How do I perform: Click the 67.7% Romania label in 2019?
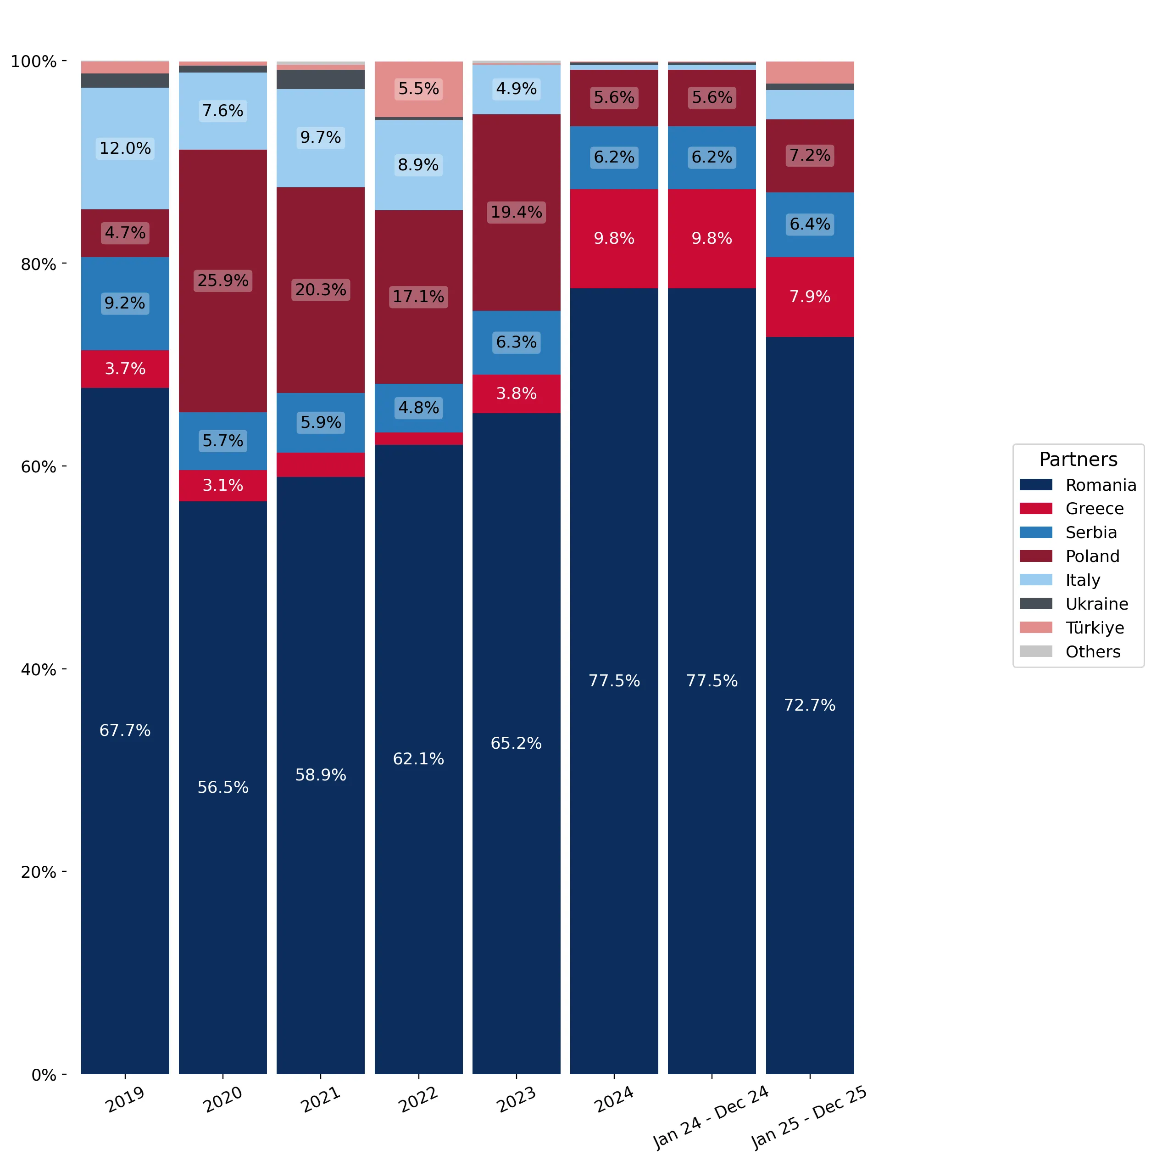(x=125, y=731)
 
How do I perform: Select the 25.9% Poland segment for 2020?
(x=222, y=281)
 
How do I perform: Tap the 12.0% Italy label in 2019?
(x=125, y=149)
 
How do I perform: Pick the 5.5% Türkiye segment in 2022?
(x=419, y=89)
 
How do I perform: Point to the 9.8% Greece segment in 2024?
(x=614, y=239)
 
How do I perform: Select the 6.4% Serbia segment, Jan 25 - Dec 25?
(x=810, y=225)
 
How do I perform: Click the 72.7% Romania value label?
(x=810, y=706)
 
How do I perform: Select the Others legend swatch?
(x=1036, y=651)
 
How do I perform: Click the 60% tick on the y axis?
(x=64, y=467)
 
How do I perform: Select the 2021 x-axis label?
(x=321, y=1099)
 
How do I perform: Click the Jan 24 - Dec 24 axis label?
(x=712, y=1116)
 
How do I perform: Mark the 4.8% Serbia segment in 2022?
(x=419, y=409)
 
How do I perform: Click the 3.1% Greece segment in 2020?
(x=222, y=486)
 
